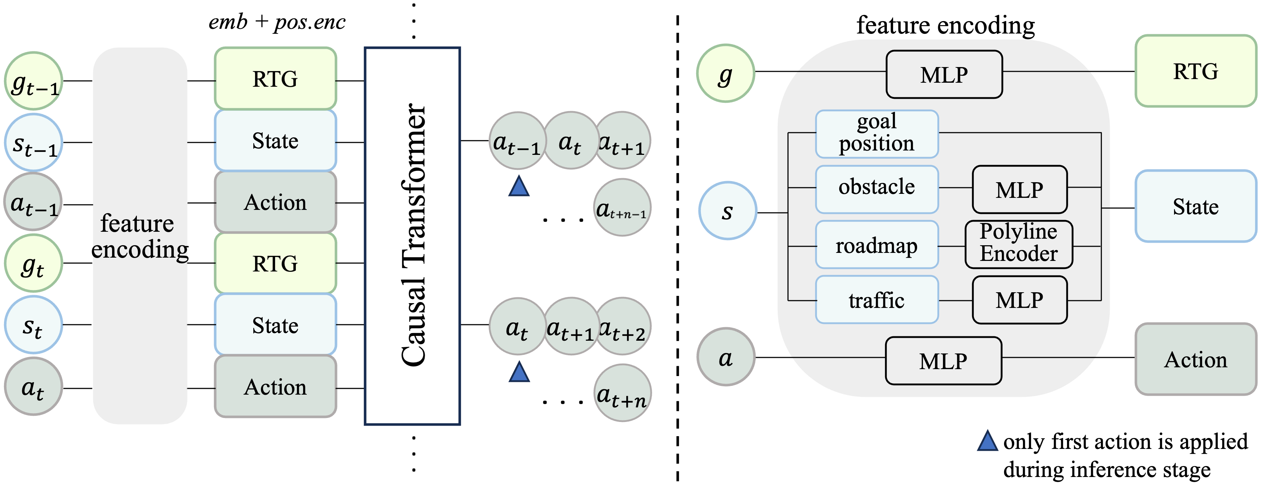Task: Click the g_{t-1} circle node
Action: tap(33, 81)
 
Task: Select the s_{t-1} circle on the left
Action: tap(33, 142)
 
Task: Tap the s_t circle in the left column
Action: tap(33, 324)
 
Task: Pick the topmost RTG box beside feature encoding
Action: tap(275, 78)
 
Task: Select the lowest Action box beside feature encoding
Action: tap(275, 387)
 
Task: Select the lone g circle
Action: tap(725, 74)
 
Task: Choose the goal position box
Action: tap(877, 134)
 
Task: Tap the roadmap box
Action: tap(877, 245)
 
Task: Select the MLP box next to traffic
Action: tap(1020, 300)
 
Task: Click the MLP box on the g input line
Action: tap(944, 74)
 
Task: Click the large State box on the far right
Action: tap(1195, 206)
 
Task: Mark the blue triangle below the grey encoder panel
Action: tap(987, 441)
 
